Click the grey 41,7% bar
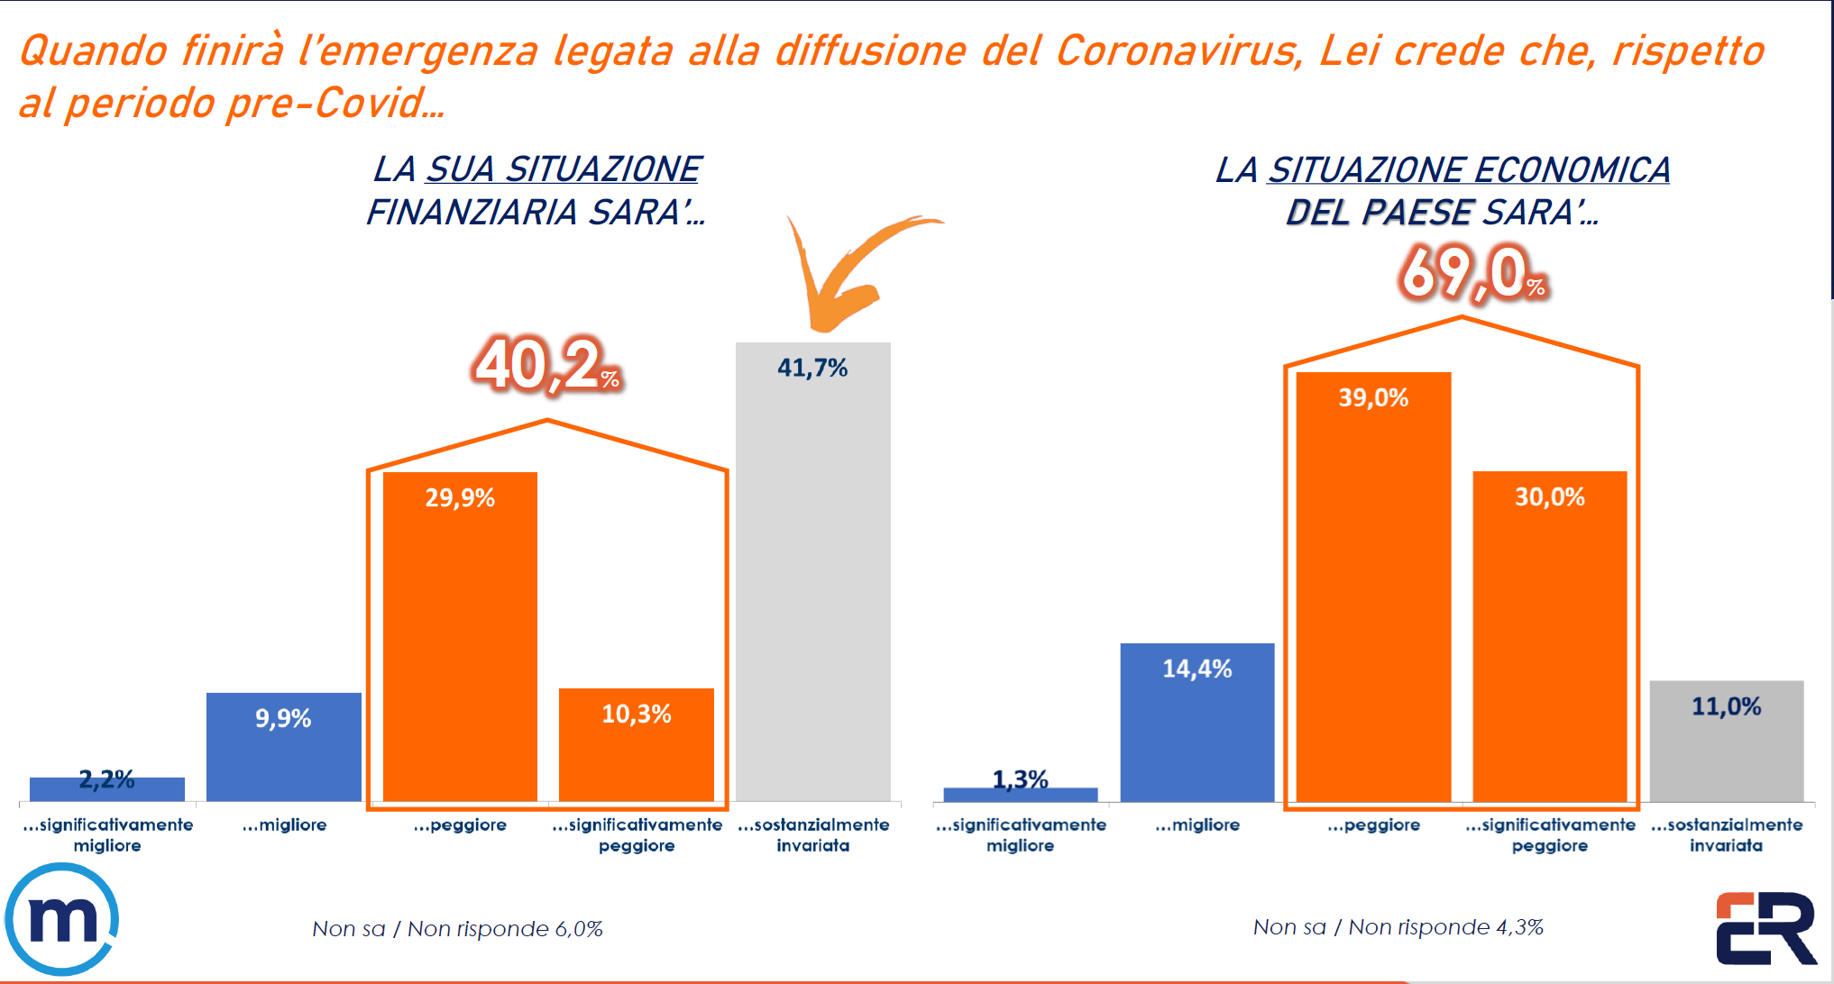(812, 577)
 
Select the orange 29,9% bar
(460, 640)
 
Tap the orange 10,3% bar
(636, 748)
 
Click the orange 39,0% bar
(1373, 595)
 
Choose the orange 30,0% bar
(1549, 640)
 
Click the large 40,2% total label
(546, 366)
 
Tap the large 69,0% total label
(1472, 273)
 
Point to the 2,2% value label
(106, 779)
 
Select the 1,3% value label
(1020, 779)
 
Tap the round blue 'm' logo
(61, 919)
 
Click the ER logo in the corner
(1765, 928)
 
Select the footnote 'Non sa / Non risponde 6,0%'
(457, 928)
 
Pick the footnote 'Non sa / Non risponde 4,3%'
(1398, 926)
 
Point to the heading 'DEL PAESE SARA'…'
(1442, 213)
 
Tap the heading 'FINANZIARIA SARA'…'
(536, 213)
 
